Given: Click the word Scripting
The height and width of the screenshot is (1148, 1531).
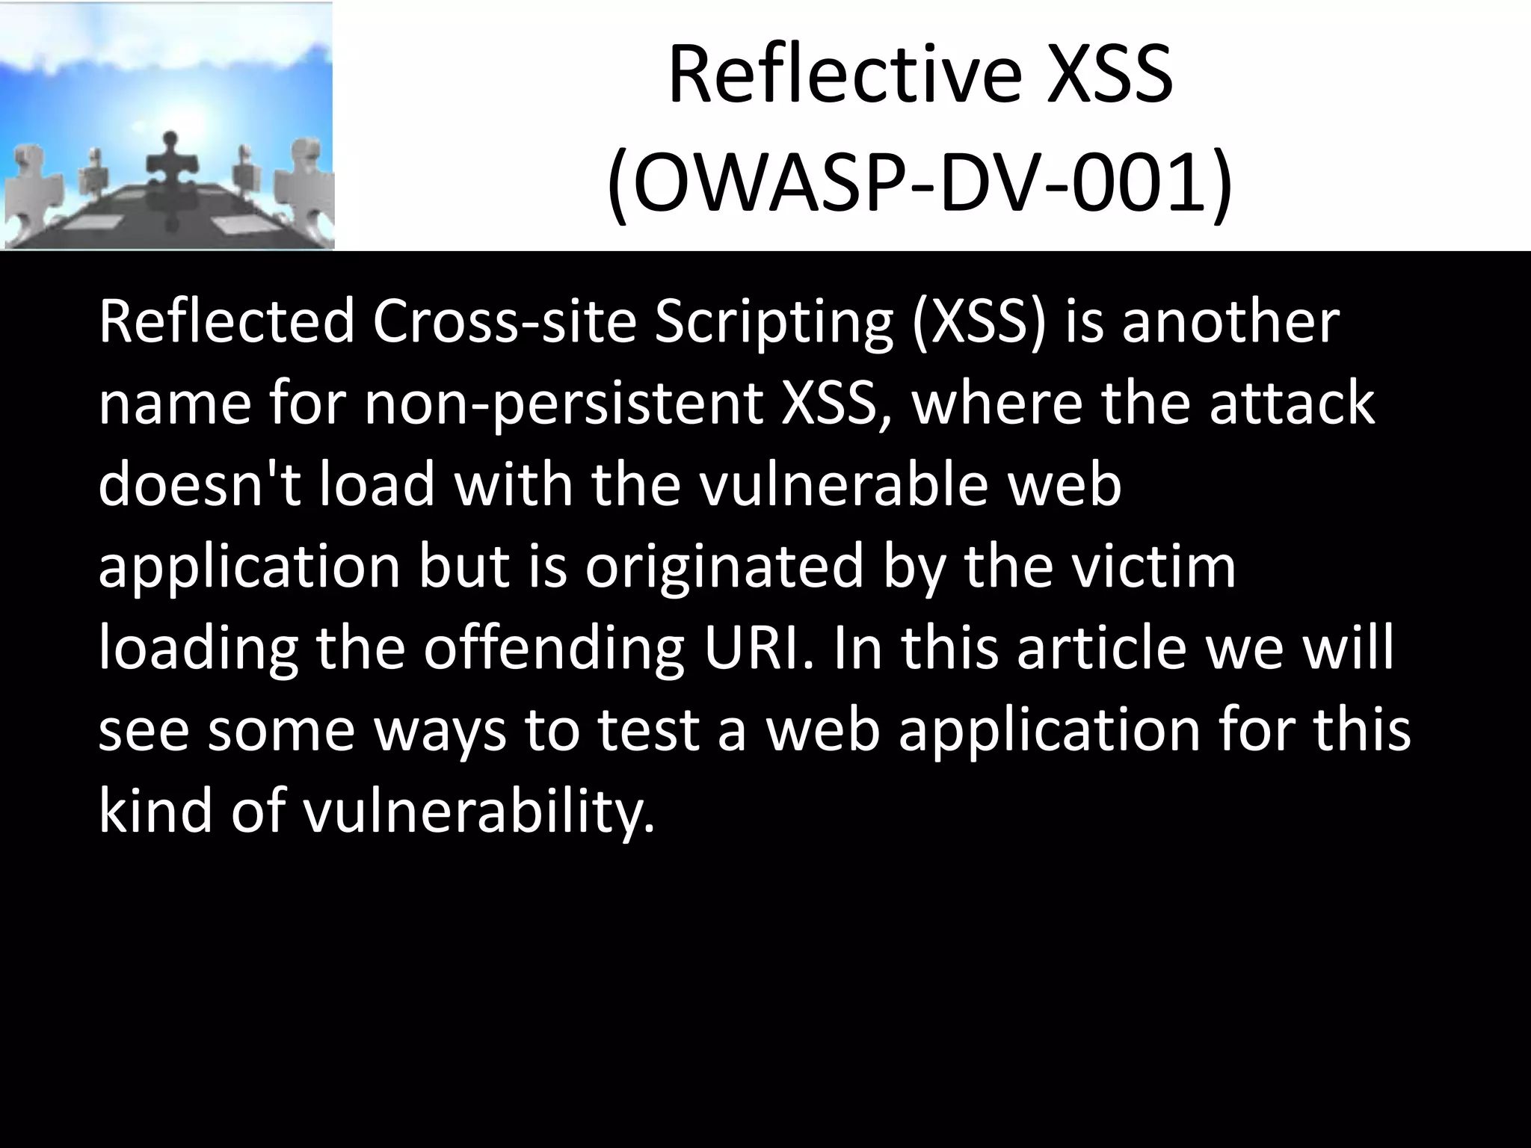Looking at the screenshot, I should [774, 322].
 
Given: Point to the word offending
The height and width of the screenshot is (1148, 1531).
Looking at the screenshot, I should [554, 648].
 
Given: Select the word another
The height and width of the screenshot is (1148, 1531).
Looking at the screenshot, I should [1230, 322].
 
